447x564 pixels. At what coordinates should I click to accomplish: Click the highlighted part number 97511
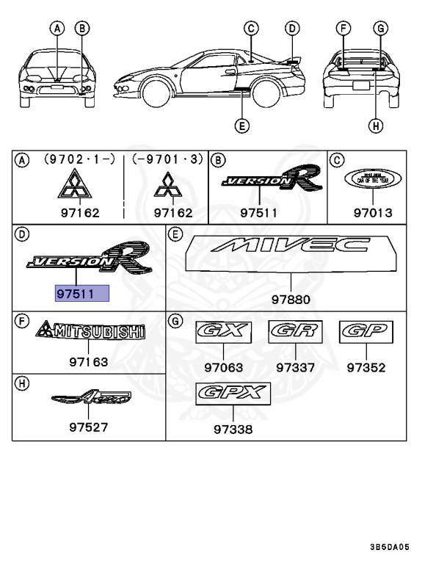pos(82,294)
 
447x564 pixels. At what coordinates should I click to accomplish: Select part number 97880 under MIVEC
pos(291,300)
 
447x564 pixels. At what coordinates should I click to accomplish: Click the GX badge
pos(224,332)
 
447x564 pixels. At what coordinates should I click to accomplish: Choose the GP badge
pos(366,332)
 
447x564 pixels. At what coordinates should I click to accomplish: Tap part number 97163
pos(89,361)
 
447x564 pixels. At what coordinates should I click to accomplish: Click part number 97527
pos(89,428)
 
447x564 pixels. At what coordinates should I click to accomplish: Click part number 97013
pos(373,213)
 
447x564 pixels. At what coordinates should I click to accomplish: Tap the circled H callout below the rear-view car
pos(377,126)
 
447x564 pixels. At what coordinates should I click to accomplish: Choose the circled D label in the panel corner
pos(22,234)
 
